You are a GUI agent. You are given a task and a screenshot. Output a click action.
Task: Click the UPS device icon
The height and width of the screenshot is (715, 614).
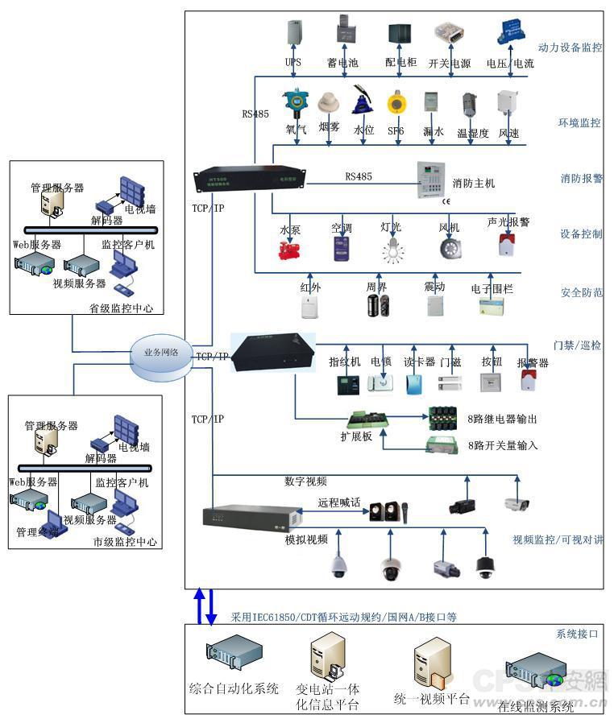click(x=292, y=33)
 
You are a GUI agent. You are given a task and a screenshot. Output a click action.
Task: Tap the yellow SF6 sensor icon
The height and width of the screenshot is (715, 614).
click(x=396, y=104)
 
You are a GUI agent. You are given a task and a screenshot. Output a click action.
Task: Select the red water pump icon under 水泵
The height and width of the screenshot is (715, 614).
click(x=289, y=250)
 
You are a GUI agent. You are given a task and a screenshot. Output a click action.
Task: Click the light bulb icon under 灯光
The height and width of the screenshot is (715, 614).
click(x=392, y=249)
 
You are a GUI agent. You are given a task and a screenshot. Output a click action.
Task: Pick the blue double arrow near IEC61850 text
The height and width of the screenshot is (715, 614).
click(x=204, y=606)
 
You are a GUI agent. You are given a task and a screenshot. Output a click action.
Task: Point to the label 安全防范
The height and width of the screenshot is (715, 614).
click(x=580, y=293)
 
